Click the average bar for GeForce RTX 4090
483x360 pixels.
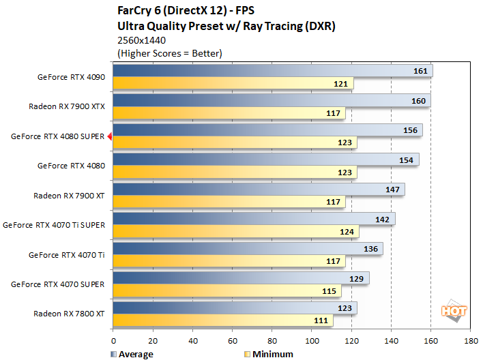point(272,71)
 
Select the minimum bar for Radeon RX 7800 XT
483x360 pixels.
point(222,320)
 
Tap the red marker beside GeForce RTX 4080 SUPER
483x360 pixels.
point(109,136)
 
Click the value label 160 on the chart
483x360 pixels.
point(419,100)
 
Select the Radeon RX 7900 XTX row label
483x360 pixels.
point(66,106)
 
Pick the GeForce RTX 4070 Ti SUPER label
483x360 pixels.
point(54,224)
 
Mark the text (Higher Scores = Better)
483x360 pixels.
point(170,52)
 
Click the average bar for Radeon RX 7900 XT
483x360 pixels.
point(259,189)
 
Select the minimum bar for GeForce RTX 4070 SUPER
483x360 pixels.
point(226,291)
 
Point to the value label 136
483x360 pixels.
point(371,248)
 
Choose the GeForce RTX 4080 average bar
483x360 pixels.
point(265,160)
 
